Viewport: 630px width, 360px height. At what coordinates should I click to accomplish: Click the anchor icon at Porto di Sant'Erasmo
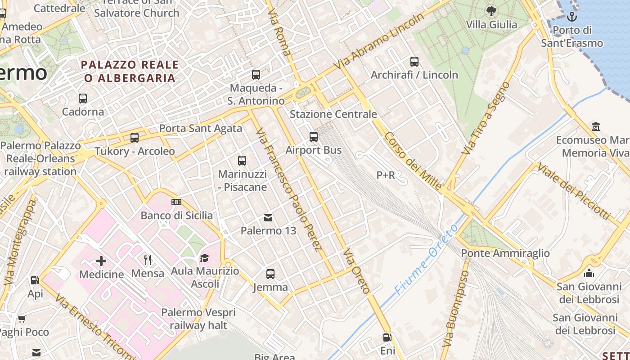571,17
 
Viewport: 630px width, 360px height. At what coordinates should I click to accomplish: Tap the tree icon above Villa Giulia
491,11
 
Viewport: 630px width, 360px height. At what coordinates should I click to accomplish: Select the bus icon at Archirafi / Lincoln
414,62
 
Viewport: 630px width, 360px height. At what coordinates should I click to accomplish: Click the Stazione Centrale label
333,114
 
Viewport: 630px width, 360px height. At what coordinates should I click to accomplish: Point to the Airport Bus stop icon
314,137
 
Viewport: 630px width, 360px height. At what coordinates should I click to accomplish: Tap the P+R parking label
386,175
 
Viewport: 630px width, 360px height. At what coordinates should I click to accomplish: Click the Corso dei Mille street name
413,161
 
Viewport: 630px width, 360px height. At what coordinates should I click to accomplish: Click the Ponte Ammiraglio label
505,253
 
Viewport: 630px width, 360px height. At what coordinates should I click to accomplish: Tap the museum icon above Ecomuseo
596,126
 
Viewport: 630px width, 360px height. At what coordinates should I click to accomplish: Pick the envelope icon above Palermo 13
268,218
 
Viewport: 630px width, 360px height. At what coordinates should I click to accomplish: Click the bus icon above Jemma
270,274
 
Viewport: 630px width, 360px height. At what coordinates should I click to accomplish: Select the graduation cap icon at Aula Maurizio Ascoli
205,258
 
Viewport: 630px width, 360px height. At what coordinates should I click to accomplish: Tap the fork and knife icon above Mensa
148,260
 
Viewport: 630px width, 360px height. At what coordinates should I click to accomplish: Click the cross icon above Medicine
101,261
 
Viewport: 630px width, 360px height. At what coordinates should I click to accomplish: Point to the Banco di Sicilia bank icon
176,202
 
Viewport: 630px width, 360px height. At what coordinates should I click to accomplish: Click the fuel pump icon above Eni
387,337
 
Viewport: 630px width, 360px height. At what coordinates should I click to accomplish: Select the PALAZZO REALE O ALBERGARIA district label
130,72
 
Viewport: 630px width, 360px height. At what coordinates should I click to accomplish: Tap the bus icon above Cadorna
83,98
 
